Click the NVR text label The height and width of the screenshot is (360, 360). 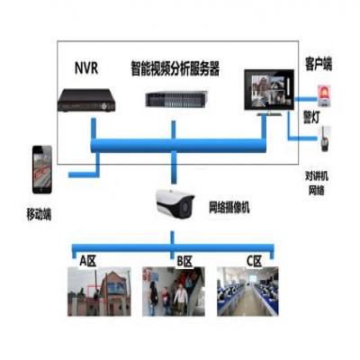pyautogui.click(x=86, y=67)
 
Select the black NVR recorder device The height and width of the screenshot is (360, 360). pyautogui.click(x=86, y=100)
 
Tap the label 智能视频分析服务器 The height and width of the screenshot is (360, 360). pyautogui.click(x=175, y=68)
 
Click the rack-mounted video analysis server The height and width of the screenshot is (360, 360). pyautogui.click(x=176, y=99)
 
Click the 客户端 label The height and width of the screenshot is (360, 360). pyautogui.click(x=319, y=64)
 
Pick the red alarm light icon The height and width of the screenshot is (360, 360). pyautogui.click(x=324, y=95)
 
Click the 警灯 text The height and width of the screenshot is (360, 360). pyautogui.click(x=311, y=118)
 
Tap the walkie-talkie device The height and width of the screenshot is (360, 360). pyautogui.click(x=324, y=139)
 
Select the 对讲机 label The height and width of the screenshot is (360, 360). pyautogui.click(x=317, y=175)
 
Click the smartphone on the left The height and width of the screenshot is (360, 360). pyautogui.click(x=42, y=169)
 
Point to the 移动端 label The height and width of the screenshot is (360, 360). pyautogui.click(x=39, y=214)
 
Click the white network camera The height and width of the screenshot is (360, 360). pyautogui.click(x=175, y=203)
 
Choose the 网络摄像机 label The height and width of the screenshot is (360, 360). pyautogui.click(x=229, y=207)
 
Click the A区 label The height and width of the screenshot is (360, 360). pyautogui.click(x=88, y=261)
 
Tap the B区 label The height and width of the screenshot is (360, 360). pyautogui.click(x=184, y=261)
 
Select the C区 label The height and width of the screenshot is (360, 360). pyautogui.click(x=254, y=261)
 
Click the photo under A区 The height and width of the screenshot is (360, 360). pyautogui.click(x=99, y=292)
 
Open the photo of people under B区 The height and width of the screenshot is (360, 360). pyautogui.click(x=174, y=292)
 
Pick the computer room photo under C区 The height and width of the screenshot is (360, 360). pyautogui.click(x=247, y=292)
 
